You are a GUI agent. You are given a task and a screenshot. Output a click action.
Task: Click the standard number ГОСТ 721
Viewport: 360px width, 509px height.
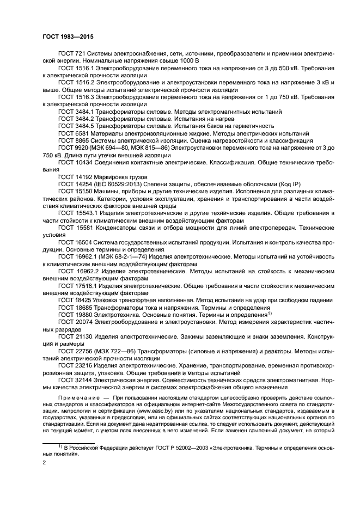point(70,55)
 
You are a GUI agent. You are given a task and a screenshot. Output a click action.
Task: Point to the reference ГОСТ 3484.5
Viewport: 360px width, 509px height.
point(75,125)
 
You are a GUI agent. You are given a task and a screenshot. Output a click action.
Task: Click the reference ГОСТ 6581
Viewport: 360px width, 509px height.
point(71,132)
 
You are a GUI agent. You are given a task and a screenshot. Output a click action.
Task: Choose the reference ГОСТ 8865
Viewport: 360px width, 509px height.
point(71,140)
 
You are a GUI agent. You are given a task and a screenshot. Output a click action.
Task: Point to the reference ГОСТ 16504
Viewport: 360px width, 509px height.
point(74,242)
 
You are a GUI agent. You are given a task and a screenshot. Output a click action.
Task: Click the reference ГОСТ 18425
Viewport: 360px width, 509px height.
point(74,300)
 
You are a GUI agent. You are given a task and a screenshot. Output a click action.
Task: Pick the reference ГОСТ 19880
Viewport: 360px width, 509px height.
point(74,314)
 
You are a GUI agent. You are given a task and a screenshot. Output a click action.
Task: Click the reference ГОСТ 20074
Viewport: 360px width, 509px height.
point(74,321)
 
